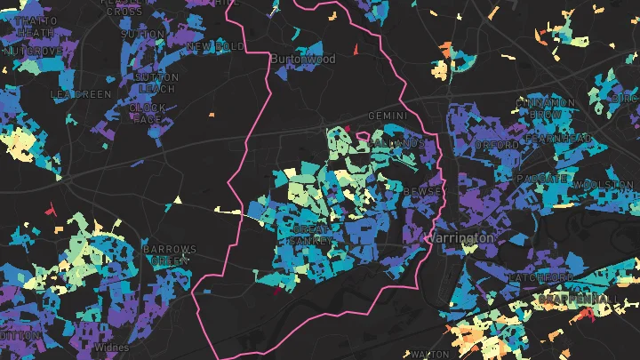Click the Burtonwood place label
(x=303, y=60)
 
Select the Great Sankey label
(x=312, y=235)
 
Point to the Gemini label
(x=388, y=116)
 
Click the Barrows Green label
(x=170, y=255)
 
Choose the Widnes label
(x=109, y=347)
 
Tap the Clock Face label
(x=147, y=113)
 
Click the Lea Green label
(x=81, y=93)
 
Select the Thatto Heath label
(x=36, y=26)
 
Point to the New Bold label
(x=216, y=46)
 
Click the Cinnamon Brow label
(x=545, y=109)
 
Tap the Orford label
(x=497, y=144)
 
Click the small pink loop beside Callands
(x=363, y=138)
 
